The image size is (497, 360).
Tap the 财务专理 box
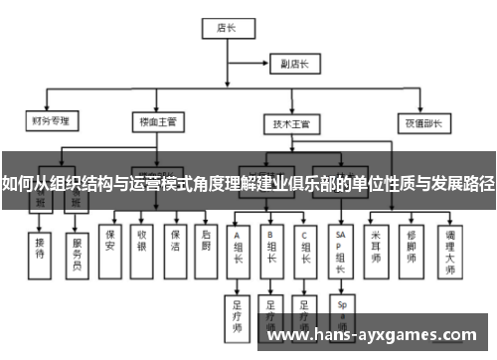pos(51,124)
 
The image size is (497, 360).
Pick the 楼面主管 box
pos(158,124)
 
